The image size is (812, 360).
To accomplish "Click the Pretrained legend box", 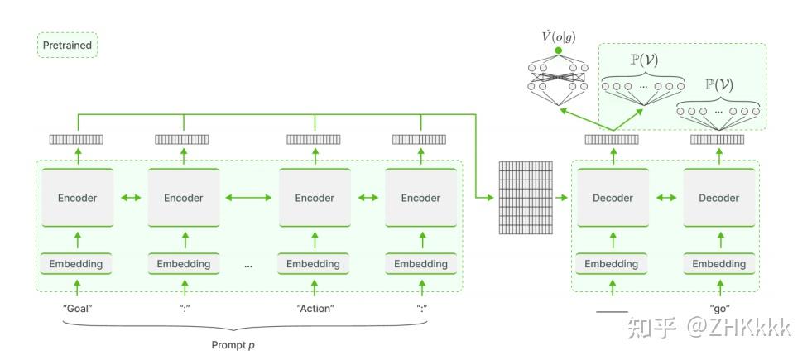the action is tap(67, 45).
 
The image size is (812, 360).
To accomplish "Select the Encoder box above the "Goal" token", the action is tap(78, 197).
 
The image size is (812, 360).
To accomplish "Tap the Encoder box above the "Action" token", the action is tap(315, 197).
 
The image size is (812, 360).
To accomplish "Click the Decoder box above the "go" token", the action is tap(718, 197).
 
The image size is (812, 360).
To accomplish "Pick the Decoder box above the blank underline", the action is tap(613, 197).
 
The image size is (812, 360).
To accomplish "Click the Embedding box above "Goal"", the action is tap(76, 264).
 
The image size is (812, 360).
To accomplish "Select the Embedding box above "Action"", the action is tap(314, 264).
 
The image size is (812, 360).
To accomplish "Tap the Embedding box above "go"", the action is tap(719, 264).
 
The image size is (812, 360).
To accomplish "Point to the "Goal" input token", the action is tap(77, 308).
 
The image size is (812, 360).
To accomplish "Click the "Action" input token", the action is tap(315, 308).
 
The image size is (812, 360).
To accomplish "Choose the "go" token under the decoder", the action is tap(719, 309).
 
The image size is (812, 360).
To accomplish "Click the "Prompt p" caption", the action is tap(233, 345).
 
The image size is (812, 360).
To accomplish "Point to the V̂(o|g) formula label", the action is tap(558, 37).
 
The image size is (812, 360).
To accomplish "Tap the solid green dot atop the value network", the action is tap(558, 50).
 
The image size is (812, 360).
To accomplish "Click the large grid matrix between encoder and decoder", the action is tap(526, 197).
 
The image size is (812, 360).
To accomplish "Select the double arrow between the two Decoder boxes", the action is tap(666, 197).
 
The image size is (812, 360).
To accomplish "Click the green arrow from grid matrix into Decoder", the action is tap(562, 197).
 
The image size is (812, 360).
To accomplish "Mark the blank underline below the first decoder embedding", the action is tap(613, 312).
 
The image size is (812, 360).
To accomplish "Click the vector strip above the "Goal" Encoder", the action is tap(76, 139).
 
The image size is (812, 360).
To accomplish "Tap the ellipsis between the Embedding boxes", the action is tap(248, 266).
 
